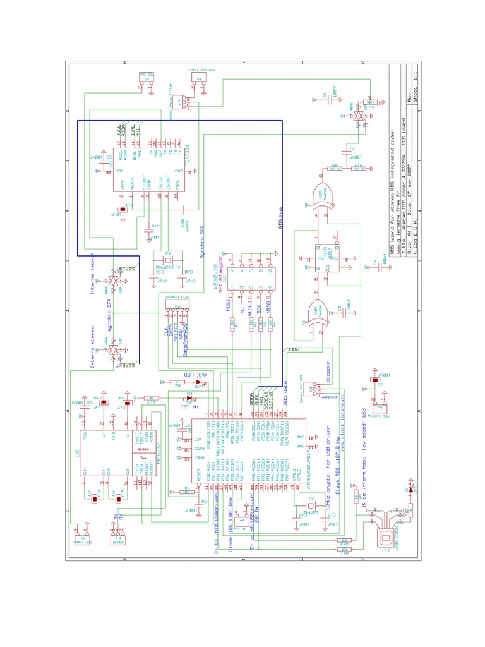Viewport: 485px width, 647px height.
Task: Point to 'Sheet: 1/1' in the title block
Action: (x=414, y=85)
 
